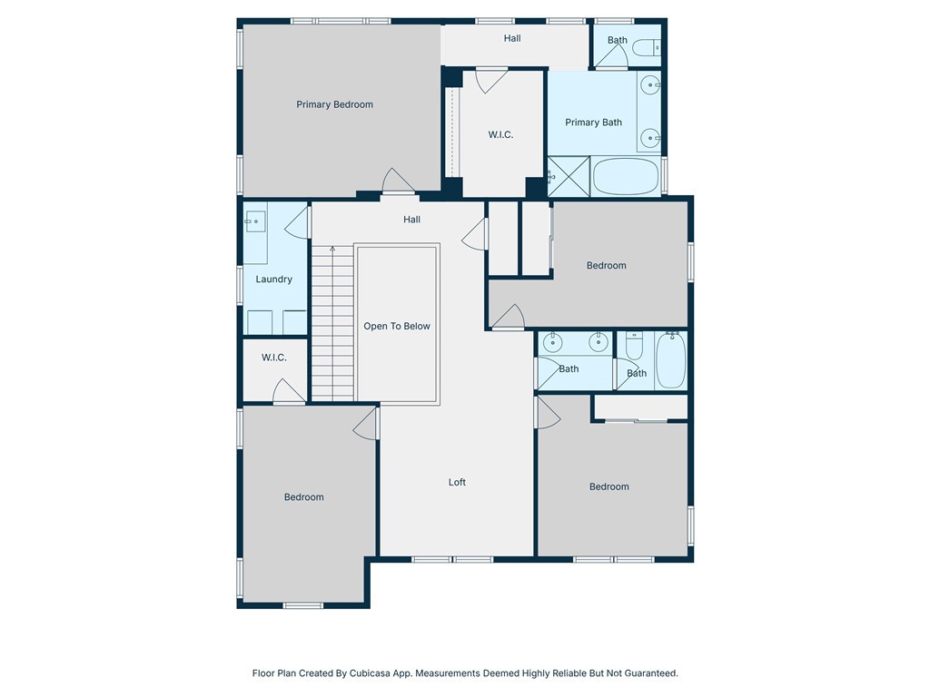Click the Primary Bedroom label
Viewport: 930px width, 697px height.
pyautogui.click(x=334, y=104)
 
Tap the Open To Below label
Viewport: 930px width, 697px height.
pyautogui.click(x=397, y=326)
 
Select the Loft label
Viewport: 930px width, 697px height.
pyautogui.click(x=457, y=483)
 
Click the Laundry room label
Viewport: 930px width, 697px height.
pyautogui.click(x=274, y=280)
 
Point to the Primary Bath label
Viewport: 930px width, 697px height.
pyautogui.click(x=593, y=123)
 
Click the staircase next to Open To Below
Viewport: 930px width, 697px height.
pyautogui.click(x=332, y=323)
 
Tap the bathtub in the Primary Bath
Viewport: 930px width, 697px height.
pyautogui.click(x=626, y=177)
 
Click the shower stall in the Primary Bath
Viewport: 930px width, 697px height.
pyautogui.click(x=569, y=177)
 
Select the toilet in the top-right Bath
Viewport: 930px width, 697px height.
pyautogui.click(x=647, y=47)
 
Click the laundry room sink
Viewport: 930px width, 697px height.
pyautogui.click(x=255, y=221)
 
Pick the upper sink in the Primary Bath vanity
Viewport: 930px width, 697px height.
pyautogui.click(x=650, y=84)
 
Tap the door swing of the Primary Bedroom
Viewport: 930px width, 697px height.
pyautogui.click(x=398, y=181)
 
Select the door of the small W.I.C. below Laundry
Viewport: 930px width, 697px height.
pyautogui.click(x=288, y=391)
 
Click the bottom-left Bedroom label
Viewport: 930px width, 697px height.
pyautogui.click(x=303, y=497)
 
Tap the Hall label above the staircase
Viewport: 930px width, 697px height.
pyautogui.click(x=411, y=220)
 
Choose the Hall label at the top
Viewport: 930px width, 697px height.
pyautogui.click(x=512, y=38)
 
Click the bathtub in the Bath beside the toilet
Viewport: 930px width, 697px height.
pyautogui.click(x=671, y=360)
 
